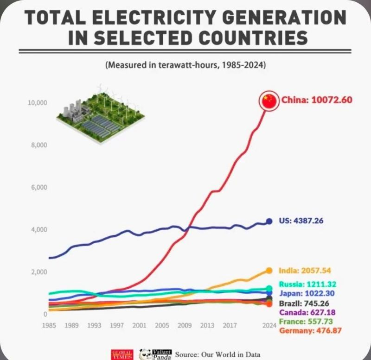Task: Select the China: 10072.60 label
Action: pyautogui.click(x=314, y=100)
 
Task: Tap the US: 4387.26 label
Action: pyautogui.click(x=301, y=221)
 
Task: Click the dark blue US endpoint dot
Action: pyautogui.click(x=269, y=221)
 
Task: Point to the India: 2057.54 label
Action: pyautogui.click(x=305, y=270)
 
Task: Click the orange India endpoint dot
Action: pyautogui.click(x=269, y=271)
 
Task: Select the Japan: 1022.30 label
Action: pyautogui.click(x=307, y=293)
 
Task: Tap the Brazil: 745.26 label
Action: pyautogui.click(x=304, y=303)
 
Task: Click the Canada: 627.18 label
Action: pyautogui.click(x=307, y=312)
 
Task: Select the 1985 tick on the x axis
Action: pyautogui.click(x=49, y=325)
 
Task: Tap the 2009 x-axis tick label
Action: pyautogui.click(x=185, y=325)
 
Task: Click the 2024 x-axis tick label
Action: pyautogui.click(x=269, y=325)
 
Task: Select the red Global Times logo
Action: pyautogui.click(x=122, y=354)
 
